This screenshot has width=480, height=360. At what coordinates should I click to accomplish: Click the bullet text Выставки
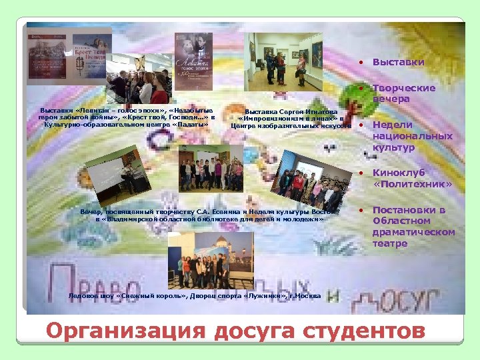[x=398, y=62]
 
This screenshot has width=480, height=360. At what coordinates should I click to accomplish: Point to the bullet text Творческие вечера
[x=403, y=93]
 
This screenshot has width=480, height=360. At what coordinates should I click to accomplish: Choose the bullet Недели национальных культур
[x=403, y=135]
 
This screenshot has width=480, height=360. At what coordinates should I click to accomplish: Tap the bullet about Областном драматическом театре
[x=413, y=227]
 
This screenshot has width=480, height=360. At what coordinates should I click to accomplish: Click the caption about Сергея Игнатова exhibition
[x=291, y=119]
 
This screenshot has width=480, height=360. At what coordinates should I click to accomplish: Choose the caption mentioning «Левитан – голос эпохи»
[x=126, y=117]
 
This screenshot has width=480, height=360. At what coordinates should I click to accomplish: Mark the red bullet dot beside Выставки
[x=360, y=63]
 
